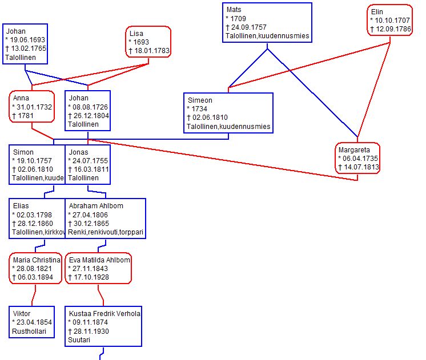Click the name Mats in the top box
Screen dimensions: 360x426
pos(234,10)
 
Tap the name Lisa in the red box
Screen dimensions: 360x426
pos(136,34)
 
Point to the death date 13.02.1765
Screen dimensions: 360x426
pos(29,48)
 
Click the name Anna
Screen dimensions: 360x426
pos(21,98)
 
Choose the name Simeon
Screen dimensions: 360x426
pos(200,100)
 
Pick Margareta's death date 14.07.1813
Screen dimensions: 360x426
pos(361,167)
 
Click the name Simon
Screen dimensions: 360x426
pos(23,152)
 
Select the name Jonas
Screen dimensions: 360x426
pos(78,152)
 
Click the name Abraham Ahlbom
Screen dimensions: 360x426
pos(96,205)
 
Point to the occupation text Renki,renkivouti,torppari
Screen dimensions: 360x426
pos(105,232)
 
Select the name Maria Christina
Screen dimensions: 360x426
pos(37,260)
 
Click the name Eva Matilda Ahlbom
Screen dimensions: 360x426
pos(100,260)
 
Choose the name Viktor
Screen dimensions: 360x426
pos(22,313)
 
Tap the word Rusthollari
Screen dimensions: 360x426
pos(29,330)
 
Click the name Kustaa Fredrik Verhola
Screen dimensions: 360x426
pos(105,313)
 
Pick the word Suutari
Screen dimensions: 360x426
pos(79,339)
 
